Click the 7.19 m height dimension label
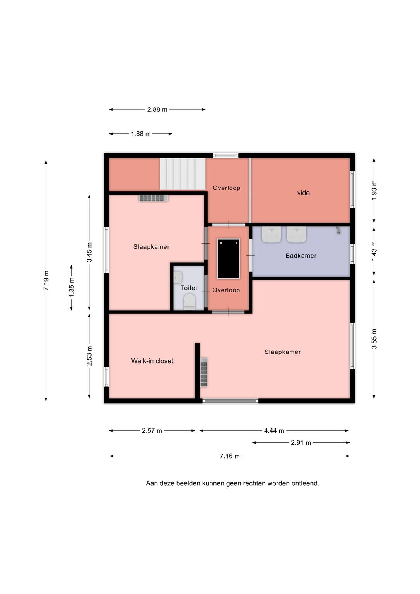(x=46, y=280)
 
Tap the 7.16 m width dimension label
(x=230, y=456)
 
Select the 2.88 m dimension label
(x=157, y=109)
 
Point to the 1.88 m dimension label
(x=141, y=134)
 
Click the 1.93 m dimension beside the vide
(x=374, y=190)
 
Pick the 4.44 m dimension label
(x=274, y=431)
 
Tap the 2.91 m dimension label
(x=300, y=442)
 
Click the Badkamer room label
(x=301, y=256)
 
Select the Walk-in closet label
(x=152, y=361)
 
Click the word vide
(x=303, y=193)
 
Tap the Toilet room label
(x=189, y=288)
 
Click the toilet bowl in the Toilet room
(x=190, y=302)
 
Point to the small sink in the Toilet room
(x=178, y=277)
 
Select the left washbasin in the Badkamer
(x=271, y=234)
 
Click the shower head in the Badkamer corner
(x=338, y=230)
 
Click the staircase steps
(x=183, y=174)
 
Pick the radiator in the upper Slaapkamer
(x=154, y=198)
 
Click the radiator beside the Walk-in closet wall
(x=203, y=372)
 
